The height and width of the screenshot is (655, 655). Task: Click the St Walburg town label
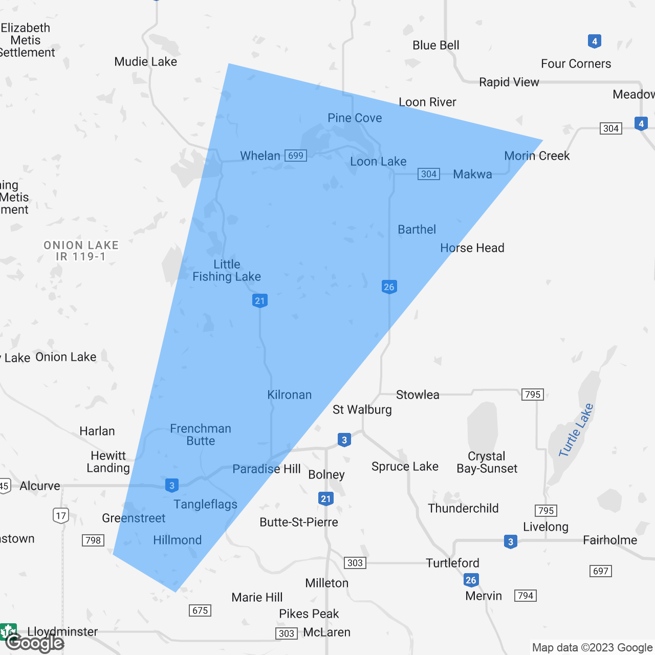[362, 409]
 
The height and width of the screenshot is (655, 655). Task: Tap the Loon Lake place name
[378, 162]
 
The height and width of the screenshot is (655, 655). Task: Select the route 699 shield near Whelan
[296, 156]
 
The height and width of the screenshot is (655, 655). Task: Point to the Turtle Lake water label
[576, 430]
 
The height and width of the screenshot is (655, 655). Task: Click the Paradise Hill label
[266, 469]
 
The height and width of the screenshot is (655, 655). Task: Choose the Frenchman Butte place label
[201, 434]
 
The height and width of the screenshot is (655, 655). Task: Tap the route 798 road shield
[93, 540]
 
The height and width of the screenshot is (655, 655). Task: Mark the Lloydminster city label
[62, 631]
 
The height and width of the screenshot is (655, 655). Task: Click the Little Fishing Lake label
[227, 270]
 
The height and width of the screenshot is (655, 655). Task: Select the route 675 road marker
[200, 610]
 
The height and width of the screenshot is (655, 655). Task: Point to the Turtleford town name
[452, 563]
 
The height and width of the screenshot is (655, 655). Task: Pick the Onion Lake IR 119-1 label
[81, 251]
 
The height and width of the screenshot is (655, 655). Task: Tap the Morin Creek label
[537, 156]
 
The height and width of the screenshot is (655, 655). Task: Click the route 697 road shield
[601, 571]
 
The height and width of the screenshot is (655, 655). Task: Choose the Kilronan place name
[289, 395]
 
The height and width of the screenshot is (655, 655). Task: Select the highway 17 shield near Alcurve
[61, 515]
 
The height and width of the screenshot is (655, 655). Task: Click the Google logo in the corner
[35, 643]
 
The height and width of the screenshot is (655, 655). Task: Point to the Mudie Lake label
[145, 62]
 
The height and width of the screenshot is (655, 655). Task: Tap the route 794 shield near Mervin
[526, 596]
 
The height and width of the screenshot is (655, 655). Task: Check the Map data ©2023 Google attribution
[592, 648]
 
